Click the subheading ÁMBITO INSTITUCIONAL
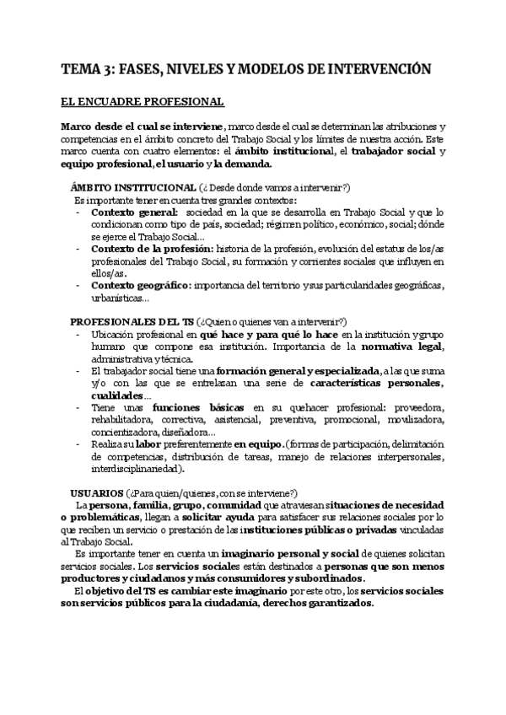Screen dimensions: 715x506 point(132,186)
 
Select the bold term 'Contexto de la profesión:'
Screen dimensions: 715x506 point(152,250)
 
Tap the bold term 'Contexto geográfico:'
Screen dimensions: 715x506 point(140,286)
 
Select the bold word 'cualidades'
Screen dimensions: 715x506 point(117,395)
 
